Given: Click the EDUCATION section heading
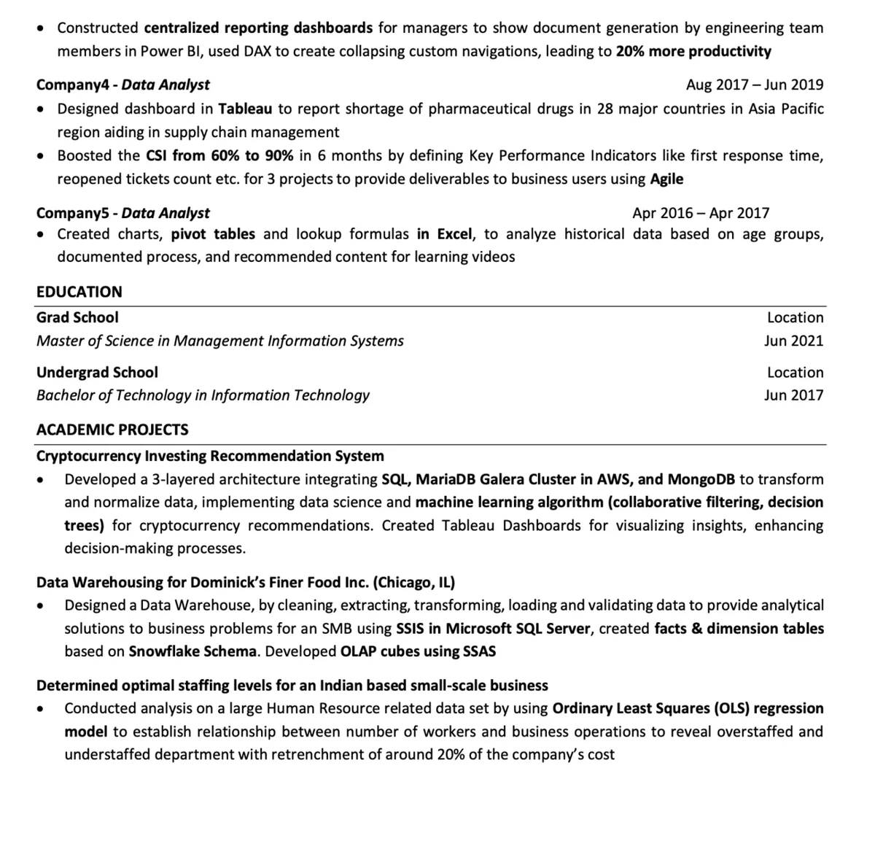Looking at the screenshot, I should click(x=79, y=292).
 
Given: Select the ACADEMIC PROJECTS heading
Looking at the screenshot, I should click(x=112, y=430).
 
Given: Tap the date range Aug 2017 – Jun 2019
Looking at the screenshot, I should click(x=755, y=85).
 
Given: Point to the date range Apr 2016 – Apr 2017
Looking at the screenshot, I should click(x=701, y=213).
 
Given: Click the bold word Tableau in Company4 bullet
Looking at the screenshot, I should click(x=245, y=109).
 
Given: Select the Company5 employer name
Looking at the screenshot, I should click(x=73, y=213).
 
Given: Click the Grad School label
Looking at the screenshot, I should click(x=77, y=317).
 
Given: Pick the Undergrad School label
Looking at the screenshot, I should click(x=97, y=372).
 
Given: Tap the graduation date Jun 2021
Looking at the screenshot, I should click(x=793, y=341).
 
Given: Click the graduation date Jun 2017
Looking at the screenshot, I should click(x=793, y=395).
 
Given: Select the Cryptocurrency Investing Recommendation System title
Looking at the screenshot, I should click(x=210, y=456).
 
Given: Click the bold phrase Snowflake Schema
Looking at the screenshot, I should click(x=192, y=651).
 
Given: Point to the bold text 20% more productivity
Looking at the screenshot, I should click(x=693, y=51).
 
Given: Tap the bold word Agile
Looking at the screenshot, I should click(x=666, y=179).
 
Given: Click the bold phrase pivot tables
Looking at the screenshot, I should click(x=213, y=234).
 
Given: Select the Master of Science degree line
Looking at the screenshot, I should click(x=220, y=341).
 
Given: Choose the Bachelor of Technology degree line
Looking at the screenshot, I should click(x=203, y=395).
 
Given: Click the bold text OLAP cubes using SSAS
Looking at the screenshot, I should click(x=418, y=651).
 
